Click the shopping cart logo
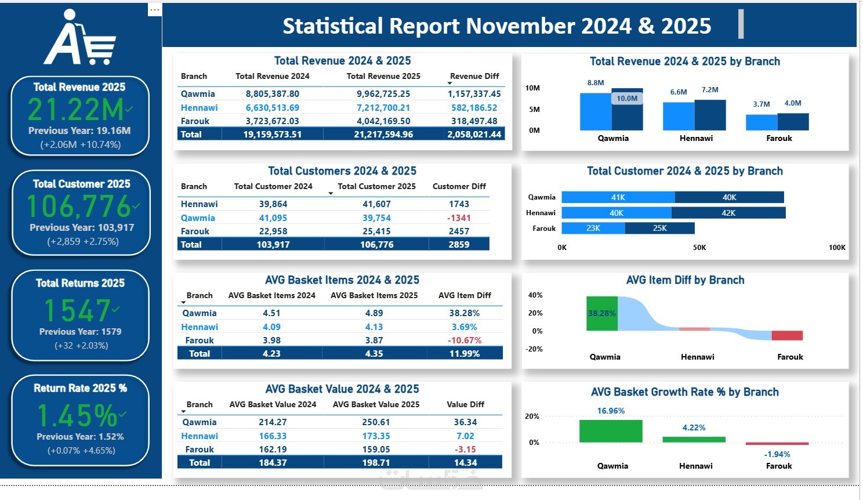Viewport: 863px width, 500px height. click(80, 38)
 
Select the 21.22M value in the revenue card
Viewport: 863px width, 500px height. click(76, 110)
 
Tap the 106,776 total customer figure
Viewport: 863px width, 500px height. click(79, 206)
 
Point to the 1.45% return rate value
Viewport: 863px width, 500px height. click(77, 415)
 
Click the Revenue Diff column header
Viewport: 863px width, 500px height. click(474, 76)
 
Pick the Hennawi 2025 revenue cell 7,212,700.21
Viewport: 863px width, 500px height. click(383, 107)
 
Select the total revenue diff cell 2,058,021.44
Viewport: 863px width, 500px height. click(474, 134)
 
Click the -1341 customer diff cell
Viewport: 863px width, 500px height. click(459, 218)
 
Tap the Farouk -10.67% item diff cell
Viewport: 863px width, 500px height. click(465, 340)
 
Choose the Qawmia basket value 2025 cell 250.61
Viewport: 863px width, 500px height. click(376, 422)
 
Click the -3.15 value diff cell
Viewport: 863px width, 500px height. click(465, 449)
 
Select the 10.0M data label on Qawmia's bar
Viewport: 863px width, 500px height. click(627, 99)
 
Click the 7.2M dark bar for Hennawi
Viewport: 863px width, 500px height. click(710, 115)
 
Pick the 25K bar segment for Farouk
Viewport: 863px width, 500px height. click(660, 228)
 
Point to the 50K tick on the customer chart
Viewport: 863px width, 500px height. click(699, 247)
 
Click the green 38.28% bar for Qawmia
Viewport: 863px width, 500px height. click(602, 313)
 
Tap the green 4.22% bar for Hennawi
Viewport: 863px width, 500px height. click(694, 440)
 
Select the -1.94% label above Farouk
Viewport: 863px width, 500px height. click(777, 454)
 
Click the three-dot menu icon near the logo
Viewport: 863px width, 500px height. click(154, 10)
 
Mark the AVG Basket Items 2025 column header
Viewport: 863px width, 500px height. click(374, 295)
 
